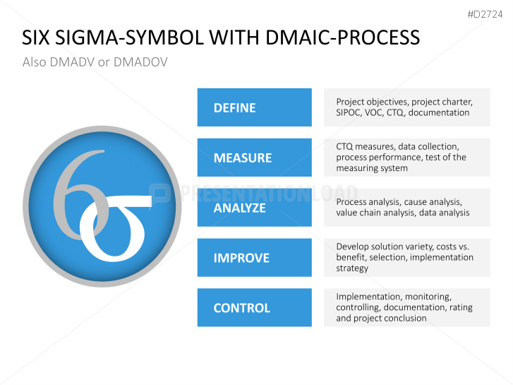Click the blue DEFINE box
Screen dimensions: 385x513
254,107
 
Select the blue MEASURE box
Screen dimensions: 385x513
254,158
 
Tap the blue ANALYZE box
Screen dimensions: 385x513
254,208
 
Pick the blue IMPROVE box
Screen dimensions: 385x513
254,258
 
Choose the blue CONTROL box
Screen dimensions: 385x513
254,307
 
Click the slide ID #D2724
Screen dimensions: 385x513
485,14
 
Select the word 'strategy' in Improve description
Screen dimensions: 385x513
352,268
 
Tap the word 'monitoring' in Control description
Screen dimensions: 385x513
427,297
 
